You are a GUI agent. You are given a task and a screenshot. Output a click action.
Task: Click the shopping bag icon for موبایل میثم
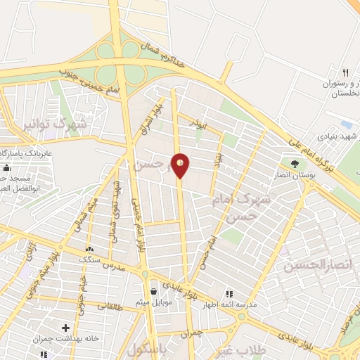pyautogui.click(x=153, y=291)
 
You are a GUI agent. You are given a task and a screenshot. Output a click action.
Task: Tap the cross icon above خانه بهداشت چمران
pyautogui.click(x=65, y=328)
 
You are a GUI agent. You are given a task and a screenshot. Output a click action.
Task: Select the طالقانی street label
pyautogui.click(x=110, y=307)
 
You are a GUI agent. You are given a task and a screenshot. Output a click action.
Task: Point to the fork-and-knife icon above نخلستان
pyautogui.click(x=345, y=72)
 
